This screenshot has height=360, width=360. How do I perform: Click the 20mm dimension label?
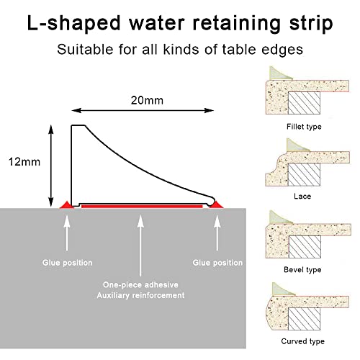(x=147, y=100)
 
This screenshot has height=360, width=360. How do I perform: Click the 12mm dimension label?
(x=24, y=162)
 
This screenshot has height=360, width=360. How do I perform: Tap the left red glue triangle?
(x=67, y=205)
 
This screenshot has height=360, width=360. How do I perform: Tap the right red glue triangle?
(x=216, y=204)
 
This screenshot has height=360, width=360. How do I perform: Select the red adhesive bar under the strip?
(x=142, y=206)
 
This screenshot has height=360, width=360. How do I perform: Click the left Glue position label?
(x=68, y=263)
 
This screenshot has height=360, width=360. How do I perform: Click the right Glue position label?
(x=217, y=263)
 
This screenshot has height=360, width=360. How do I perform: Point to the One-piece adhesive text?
(x=140, y=285)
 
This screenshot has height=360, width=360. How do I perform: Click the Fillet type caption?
(x=304, y=127)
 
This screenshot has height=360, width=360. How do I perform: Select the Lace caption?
(x=302, y=197)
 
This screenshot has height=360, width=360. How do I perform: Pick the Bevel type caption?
(x=302, y=270)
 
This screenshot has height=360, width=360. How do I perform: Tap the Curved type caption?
(x=302, y=341)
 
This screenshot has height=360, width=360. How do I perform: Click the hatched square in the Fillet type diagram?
(x=304, y=103)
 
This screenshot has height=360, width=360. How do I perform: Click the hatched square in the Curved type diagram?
(x=304, y=319)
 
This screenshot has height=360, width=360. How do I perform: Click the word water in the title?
(x=157, y=23)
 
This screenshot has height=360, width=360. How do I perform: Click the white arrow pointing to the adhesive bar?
(x=140, y=246)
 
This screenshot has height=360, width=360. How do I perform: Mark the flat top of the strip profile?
(x=78, y=125)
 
